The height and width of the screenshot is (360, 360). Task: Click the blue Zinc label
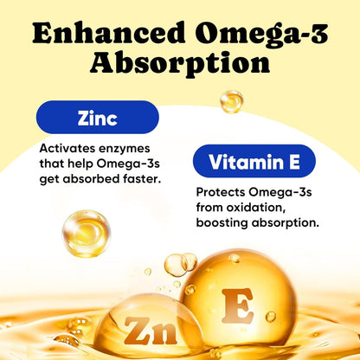(x=98, y=117)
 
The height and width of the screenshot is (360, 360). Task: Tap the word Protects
(x=223, y=192)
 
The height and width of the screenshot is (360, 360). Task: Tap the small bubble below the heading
(x=231, y=101)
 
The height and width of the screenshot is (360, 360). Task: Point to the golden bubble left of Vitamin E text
(x=86, y=233)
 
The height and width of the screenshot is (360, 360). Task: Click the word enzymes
(x=127, y=148)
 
